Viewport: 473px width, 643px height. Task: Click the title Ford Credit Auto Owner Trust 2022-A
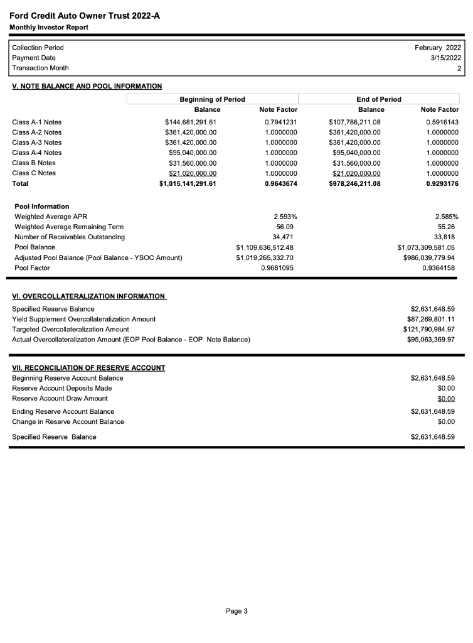coord(85,16)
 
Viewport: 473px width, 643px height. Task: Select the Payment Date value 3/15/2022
coord(444,58)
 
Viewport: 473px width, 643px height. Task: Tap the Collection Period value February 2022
coord(438,48)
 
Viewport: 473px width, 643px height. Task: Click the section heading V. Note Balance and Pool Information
coord(87,87)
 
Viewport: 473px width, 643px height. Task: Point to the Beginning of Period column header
coord(212,99)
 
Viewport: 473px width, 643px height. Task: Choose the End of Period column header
coord(378,99)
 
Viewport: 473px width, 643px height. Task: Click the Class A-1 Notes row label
coord(37,122)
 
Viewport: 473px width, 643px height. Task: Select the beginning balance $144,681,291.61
coord(191,122)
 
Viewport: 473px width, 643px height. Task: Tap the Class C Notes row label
coord(34,173)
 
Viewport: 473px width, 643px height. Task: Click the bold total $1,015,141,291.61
coord(188,184)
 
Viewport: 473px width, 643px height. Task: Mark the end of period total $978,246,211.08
coord(355,184)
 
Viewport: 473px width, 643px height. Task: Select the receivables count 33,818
coord(444,237)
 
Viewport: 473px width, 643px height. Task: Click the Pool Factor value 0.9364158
coord(438,268)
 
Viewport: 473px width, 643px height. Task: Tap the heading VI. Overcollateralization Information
coord(89,296)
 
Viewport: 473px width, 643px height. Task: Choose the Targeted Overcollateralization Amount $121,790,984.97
coord(430,330)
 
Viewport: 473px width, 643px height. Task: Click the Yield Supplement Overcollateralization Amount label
coord(84,320)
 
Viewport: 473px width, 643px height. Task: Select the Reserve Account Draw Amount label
coord(60,399)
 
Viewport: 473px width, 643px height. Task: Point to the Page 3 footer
coord(236,611)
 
